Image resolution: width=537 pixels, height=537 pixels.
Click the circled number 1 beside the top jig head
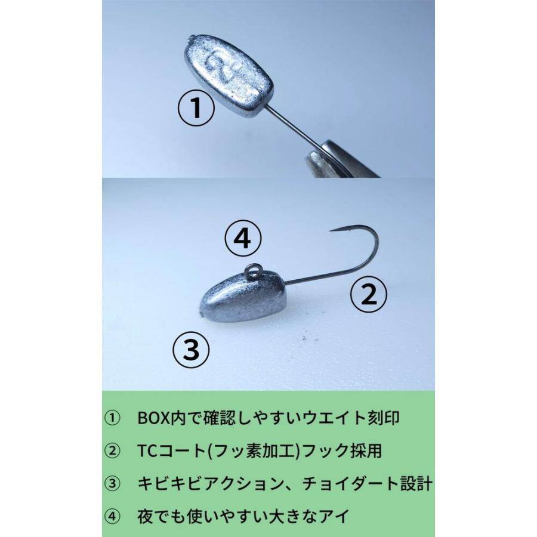click(196, 107)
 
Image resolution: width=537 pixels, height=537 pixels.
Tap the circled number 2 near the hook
click(369, 294)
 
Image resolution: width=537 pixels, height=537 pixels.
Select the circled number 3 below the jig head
click(191, 348)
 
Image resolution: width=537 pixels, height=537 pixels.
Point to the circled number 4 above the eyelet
click(243, 238)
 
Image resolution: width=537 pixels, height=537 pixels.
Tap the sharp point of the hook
click(331, 231)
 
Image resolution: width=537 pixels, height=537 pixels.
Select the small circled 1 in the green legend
click(112, 418)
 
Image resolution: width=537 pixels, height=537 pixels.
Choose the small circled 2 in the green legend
click(112, 451)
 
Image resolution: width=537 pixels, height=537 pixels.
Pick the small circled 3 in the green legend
click(112, 484)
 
